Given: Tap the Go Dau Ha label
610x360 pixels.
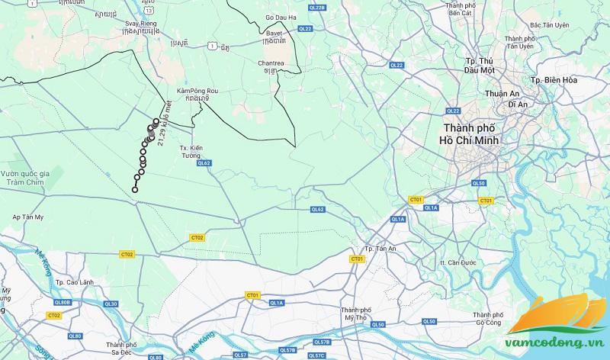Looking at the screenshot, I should click(281, 16).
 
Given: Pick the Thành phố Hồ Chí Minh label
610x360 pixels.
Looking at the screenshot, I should click(474, 134).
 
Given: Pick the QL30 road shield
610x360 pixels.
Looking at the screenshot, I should click(111, 304).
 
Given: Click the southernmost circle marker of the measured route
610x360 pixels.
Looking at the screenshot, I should click(135, 190).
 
